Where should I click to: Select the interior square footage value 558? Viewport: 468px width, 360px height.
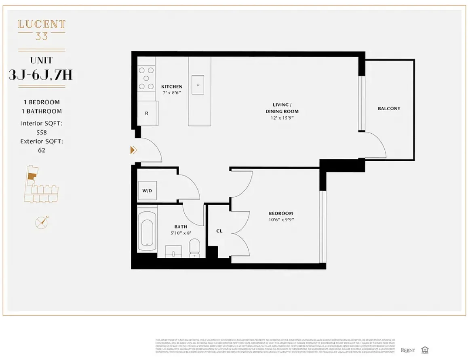pyautogui.click(x=42, y=132)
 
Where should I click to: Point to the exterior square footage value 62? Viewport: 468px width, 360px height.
pyautogui.click(x=42, y=150)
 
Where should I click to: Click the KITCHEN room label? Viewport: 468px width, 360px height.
pyautogui.click(x=171, y=86)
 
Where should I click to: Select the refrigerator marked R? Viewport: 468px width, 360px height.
pyautogui.click(x=147, y=113)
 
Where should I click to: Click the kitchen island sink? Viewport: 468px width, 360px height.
pyautogui.click(x=198, y=85)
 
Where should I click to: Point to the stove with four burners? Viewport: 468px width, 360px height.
pyautogui.click(x=146, y=78)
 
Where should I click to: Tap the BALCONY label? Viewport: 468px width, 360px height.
pyautogui.click(x=389, y=108)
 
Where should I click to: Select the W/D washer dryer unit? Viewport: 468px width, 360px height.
pyautogui.click(x=147, y=190)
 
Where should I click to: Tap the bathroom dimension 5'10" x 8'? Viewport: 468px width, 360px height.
pyautogui.click(x=180, y=233)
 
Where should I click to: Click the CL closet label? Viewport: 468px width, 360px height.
pyautogui.click(x=219, y=231)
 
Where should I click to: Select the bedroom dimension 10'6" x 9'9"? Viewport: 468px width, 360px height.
pyautogui.click(x=281, y=220)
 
